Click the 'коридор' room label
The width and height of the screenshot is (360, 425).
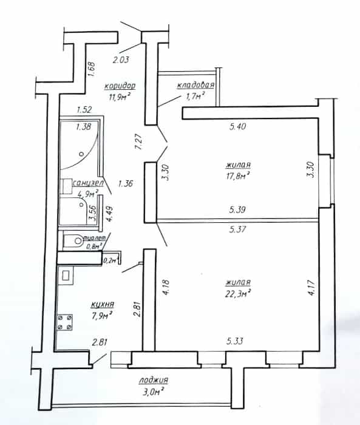tap(120, 86)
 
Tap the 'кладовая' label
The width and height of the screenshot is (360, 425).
tap(195, 85)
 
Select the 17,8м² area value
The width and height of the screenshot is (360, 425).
tap(237, 176)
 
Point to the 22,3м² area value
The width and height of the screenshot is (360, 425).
tap(237, 293)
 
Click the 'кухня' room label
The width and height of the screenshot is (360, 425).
tap(103, 305)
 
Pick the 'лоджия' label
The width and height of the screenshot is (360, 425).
tap(154, 380)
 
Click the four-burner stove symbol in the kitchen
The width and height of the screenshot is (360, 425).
tap(64, 322)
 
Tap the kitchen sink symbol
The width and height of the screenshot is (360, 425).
tap(66, 276)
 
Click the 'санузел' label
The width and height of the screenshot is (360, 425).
tap(88, 183)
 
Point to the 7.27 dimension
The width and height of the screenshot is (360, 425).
tap(138, 141)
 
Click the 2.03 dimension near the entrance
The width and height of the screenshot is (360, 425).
tap(121, 59)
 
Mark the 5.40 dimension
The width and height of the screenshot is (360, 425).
tap(237, 126)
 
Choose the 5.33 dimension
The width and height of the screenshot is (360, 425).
tap(235, 341)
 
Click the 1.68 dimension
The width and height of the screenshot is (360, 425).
tap(91, 69)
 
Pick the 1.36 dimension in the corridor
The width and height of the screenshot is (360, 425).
tap(126, 184)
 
